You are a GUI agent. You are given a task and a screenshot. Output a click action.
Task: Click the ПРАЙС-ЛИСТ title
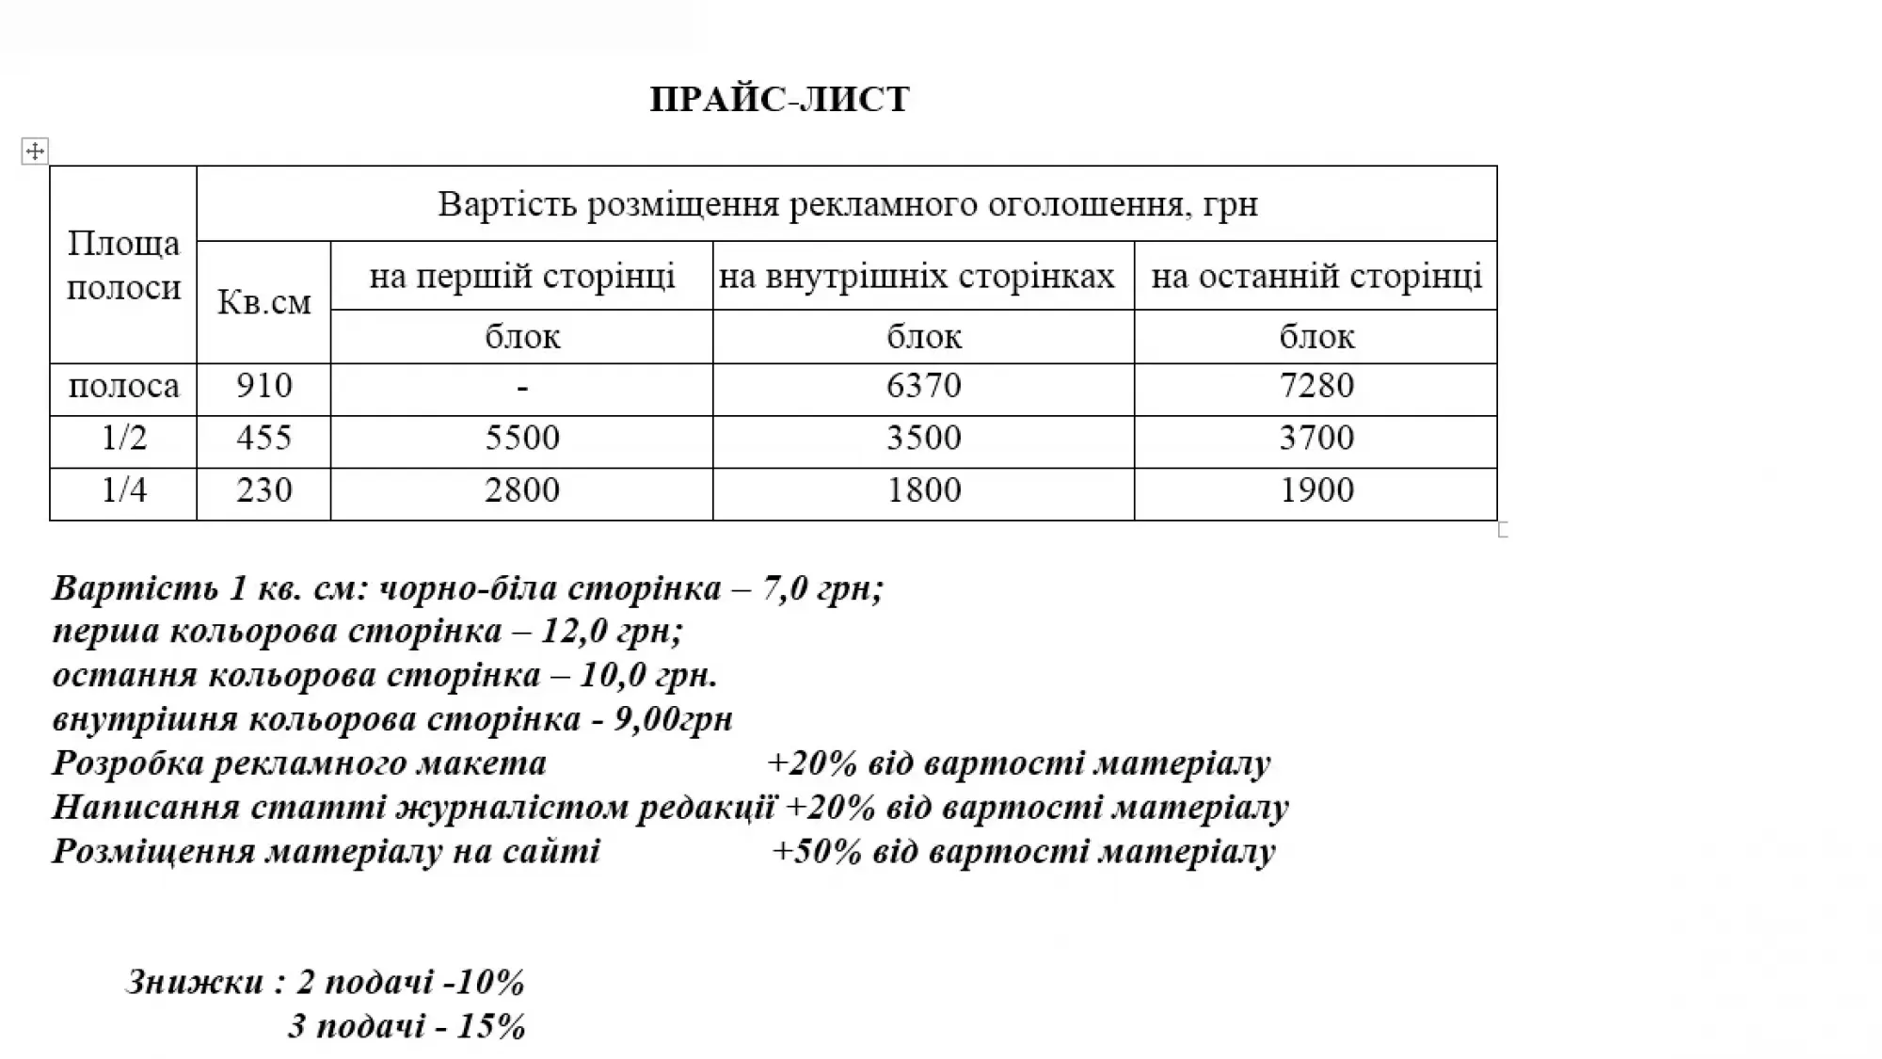(x=779, y=99)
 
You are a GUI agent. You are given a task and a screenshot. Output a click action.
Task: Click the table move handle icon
(x=35, y=151)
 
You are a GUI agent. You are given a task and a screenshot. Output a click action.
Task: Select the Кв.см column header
(x=263, y=301)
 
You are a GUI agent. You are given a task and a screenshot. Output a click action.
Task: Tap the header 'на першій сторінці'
(x=521, y=276)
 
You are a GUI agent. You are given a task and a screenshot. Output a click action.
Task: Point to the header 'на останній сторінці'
(x=1316, y=276)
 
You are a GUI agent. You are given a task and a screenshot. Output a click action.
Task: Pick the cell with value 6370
(x=923, y=386)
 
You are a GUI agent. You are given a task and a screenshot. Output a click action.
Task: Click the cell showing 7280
(x=1316, y=386)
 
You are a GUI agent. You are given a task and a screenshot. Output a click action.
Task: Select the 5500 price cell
(x=521, y=438)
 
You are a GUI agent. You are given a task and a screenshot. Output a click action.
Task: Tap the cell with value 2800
(x=521, y=490)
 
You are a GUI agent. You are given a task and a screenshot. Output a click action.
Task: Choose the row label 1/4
(x=123, y=490)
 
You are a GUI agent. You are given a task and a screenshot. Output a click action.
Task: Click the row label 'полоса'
(x=123, y=386)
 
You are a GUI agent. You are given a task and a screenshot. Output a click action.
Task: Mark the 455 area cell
(x=263, y=438)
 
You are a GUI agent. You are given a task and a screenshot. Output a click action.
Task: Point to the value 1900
(x=1316, y=490)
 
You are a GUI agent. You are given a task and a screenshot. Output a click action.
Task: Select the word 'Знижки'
(x=195, y=982)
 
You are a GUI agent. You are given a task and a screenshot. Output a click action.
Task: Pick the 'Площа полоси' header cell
(x=123, y=265)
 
